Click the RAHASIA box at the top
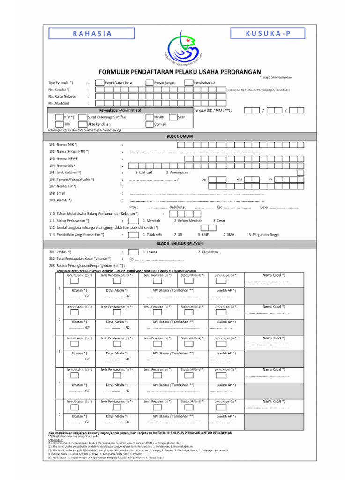[x=92, y=33]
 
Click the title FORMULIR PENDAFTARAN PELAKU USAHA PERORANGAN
[x=180, y=71]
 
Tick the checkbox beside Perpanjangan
[x=147, y=82]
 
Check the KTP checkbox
[x=59, y=117]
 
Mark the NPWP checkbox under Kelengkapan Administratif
[x=147, y=117]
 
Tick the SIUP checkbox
[x=172, y=117]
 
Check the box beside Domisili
[x=147, y=124]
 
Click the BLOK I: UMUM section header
[x=180, y=136]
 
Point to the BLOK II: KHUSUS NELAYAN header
[x=180, y=244]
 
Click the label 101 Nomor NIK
[x=63, y=145]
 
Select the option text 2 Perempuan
[x=177, y=172]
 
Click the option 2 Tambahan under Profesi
[x=208, y=252]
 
